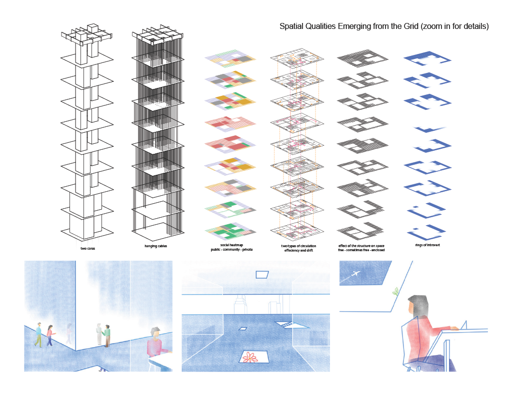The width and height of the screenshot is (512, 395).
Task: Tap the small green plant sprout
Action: tap(396, 291)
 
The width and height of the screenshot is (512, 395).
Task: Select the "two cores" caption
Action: tap(88, 248)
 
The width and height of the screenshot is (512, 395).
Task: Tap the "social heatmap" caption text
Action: tap(229, 245)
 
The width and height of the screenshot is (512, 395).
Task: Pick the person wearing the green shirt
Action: tap(107, 335)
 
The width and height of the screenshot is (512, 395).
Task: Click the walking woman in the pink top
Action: tap(49, 335)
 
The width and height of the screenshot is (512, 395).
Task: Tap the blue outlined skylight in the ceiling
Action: tap(261, 274)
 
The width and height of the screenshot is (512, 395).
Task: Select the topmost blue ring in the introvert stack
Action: tap(427, 59)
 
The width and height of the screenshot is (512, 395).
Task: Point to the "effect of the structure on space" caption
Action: tap(361, 246)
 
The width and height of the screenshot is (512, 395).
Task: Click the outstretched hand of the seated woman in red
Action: tap(453, 328)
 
